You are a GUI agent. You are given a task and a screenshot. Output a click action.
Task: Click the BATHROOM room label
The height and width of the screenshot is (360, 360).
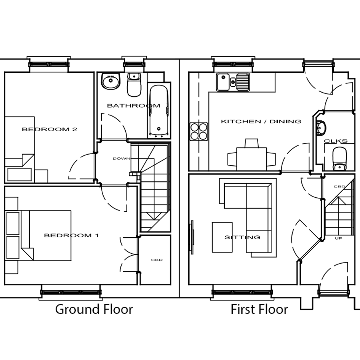coord(134,106)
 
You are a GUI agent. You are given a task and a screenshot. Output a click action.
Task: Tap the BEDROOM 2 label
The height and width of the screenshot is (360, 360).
coord(50,129)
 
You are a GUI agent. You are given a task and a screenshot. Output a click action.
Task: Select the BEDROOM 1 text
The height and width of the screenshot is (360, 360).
coord(71,235)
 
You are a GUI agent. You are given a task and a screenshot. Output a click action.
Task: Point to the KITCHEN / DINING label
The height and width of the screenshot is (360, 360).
coord(261,121)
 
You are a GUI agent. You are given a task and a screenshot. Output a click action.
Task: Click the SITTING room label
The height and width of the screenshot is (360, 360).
coord(242,237)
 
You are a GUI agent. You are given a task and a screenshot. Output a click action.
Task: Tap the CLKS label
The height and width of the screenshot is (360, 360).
coord(336,141)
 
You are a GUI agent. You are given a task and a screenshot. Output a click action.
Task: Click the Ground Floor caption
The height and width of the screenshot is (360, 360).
coord(94,310)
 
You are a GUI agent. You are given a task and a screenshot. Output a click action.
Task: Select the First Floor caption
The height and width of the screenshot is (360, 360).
coord(259,309)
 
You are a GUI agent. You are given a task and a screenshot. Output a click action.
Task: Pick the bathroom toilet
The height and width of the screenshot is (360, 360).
coord(134,85)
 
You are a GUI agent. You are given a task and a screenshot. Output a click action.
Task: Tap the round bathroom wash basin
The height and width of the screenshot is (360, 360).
coord(110,81)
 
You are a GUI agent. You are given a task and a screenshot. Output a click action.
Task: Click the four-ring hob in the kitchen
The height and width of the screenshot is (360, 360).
coord(199,131)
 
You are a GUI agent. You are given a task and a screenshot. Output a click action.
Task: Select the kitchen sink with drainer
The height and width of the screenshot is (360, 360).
coord(233,82)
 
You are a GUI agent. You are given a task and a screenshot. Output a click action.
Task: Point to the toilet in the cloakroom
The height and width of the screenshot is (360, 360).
coord(339,158)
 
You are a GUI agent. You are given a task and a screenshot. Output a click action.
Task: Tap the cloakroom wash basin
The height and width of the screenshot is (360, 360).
coord(321,127)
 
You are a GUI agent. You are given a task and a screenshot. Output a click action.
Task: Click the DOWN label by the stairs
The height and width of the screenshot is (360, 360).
coord(121,158)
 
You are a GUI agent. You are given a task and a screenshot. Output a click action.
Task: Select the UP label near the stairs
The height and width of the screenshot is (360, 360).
coord(338,238)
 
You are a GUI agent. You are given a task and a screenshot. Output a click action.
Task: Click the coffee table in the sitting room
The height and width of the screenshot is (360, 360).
coord(222,237)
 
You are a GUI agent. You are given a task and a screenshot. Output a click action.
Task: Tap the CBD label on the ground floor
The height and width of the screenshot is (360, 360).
coord(157,260)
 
